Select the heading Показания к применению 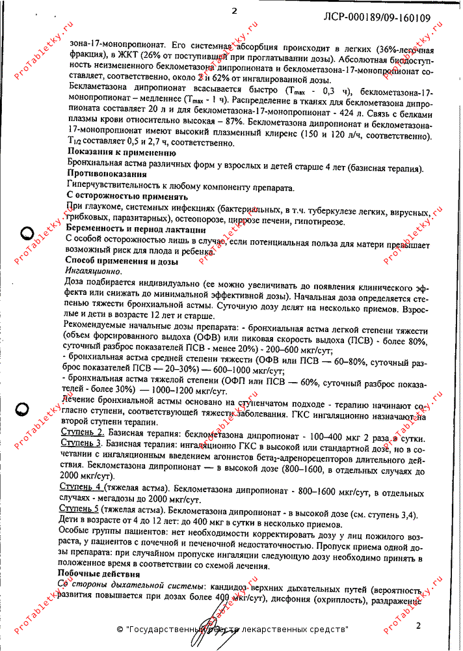(112, 153)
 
